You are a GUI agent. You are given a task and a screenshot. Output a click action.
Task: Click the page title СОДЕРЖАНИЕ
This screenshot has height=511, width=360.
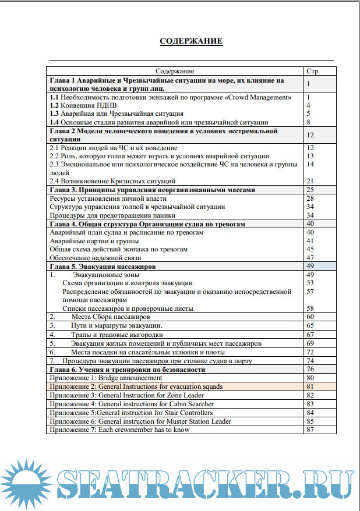pos(191,41)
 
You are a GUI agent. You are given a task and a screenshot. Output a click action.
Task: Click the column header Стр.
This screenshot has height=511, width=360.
pos(313,70)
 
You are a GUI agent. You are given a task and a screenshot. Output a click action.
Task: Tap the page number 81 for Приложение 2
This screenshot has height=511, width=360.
pos(310,386)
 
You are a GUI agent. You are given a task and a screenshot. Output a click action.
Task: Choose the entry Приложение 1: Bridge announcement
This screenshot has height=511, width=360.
pos(106,378)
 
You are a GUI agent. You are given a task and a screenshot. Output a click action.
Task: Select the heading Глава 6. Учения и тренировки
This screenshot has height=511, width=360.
pos(128,369)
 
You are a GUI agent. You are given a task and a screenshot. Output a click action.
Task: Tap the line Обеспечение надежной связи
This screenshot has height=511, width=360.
pos(95,257)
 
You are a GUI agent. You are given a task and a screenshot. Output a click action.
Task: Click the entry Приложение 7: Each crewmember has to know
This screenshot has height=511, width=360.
pos(119,430)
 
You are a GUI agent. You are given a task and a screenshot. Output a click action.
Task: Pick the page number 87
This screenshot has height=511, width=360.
pos(310,430)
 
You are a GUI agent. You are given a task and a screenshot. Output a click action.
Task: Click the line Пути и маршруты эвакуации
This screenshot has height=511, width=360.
pos(117,325)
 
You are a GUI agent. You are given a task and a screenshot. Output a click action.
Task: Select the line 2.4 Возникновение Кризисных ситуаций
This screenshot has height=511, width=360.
pos(112,181)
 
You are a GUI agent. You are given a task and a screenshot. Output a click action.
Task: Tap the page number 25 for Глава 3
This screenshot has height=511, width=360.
pos(310,190)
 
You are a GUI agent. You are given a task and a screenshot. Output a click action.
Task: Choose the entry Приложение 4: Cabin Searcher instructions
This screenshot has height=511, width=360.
pos(132,404)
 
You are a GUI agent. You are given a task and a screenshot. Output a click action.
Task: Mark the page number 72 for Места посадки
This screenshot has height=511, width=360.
pos(310,352)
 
